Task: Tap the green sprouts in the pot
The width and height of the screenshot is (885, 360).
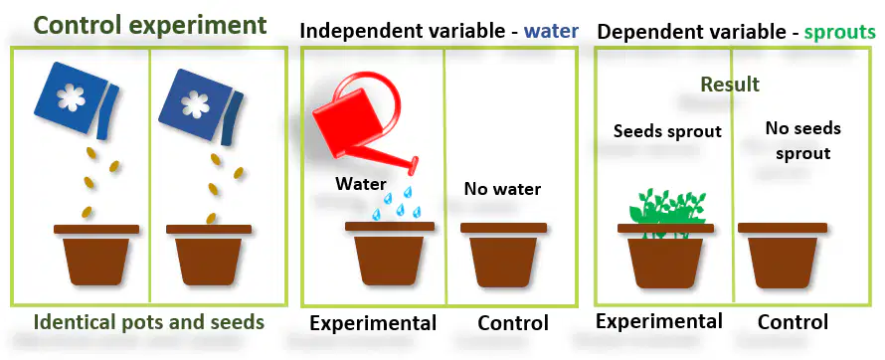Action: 667,208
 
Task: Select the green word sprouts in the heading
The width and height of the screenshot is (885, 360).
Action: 840,33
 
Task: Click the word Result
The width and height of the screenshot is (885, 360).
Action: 730,85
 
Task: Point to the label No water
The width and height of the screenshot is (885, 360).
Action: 502,189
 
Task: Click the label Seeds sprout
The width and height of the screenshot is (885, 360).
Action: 667,131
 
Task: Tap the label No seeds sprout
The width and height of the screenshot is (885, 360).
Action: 802,140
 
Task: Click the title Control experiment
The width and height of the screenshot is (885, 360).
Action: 149,26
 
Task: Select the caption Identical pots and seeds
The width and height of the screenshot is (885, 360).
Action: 149,322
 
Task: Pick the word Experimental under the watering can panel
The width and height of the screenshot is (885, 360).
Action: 373,323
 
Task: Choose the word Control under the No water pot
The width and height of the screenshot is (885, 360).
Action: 513,323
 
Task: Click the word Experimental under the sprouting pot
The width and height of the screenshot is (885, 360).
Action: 659,321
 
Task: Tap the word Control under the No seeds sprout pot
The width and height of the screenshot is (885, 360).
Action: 793,321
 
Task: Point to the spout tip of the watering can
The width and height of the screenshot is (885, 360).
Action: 414,165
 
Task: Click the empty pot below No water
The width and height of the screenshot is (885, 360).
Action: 503,255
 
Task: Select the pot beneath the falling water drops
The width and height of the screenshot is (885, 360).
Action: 390,254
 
